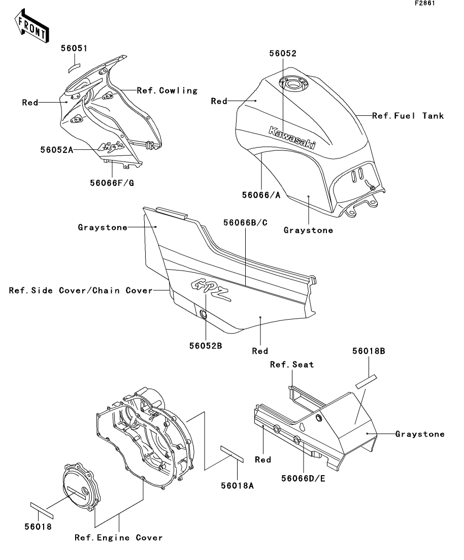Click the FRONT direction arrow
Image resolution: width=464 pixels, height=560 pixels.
(x=32, y=26)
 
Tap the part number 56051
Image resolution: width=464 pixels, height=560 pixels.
(x=74, y=48)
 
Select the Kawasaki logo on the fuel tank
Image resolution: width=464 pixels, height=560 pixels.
(x=292, y=138)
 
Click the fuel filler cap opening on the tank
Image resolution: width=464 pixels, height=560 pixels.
(x=293, y=84)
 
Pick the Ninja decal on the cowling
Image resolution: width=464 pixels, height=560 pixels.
(x=112, y=146)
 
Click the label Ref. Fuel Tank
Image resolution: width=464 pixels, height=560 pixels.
(x=408, y=116)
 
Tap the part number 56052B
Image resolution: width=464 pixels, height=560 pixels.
(x=206, y=346)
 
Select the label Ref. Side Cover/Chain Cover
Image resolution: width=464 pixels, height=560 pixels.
(x=81, y=290)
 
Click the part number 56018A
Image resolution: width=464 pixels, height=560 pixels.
(x=237, y=485)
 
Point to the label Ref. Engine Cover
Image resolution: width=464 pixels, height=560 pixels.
(x=119, y=538)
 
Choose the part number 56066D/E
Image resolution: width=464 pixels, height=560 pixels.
(x=303, y=478)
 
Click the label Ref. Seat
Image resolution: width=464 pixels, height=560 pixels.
(x=292, y=365)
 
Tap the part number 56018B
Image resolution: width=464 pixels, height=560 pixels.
(x=369, y=351)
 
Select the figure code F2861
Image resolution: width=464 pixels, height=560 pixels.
(x=425, y=3)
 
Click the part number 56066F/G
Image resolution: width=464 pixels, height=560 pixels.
(x=112, y=183)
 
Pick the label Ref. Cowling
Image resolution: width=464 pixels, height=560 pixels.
(x=167, y=91)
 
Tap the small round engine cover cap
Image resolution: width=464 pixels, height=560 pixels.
(x=81, y=487)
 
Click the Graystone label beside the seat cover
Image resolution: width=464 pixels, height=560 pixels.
(x=420, y=434)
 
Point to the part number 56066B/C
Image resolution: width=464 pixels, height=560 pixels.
(x=245, y=222)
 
